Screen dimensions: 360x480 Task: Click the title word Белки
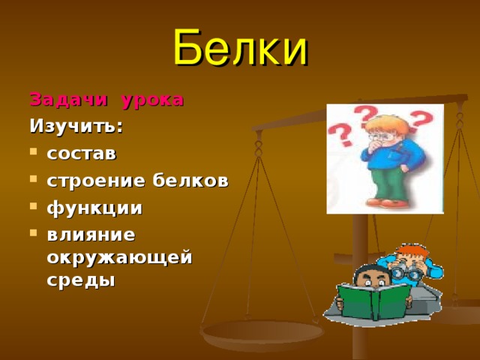240,48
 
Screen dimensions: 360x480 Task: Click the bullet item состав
81,154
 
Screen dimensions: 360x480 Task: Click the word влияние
91,234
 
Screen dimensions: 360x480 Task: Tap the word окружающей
119,257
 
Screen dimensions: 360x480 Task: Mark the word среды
80,280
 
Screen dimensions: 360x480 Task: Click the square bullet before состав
34,154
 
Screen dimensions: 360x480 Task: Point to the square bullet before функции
34,208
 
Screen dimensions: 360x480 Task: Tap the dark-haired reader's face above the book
367,278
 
